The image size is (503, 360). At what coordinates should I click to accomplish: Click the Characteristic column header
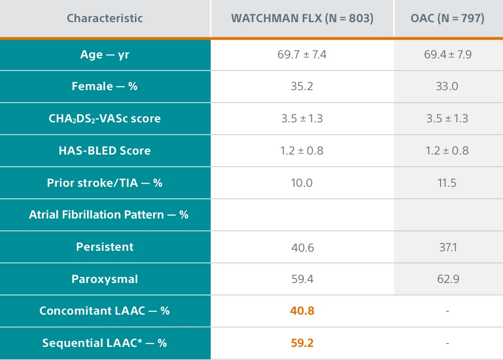tap(105, 19)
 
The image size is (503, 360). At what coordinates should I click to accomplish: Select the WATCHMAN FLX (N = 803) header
tap(302, 19)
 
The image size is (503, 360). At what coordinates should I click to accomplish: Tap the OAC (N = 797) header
tap(447, 19)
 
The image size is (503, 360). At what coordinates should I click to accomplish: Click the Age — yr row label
tap(105, 54)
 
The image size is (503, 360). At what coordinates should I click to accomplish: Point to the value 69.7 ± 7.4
tap(302, 54)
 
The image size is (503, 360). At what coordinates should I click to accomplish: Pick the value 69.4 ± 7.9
tap(447, 54)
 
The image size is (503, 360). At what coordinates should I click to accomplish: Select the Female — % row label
tap(105, 86)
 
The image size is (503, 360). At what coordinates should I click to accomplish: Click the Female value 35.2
tap(302, 86)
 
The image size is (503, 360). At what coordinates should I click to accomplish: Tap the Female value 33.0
tap(447, 86)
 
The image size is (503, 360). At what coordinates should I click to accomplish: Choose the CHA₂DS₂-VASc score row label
tap(105, 119)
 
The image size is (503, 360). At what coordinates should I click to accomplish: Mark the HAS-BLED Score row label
tap(105, 151)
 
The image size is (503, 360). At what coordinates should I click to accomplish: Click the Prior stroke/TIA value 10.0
tap(302, 183)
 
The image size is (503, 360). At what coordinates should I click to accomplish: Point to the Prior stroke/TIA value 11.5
tap(447, 183)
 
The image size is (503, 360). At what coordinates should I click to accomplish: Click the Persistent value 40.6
tap(302, 247)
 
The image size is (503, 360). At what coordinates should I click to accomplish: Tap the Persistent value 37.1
tap(447, 247)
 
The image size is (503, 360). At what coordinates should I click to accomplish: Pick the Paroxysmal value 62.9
tap(447, 279)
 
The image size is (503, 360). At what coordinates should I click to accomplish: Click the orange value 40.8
tap(302, 311)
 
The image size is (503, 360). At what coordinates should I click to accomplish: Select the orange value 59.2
tap(302, 343)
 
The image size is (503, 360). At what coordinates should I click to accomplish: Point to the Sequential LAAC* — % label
tap(105, 343)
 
